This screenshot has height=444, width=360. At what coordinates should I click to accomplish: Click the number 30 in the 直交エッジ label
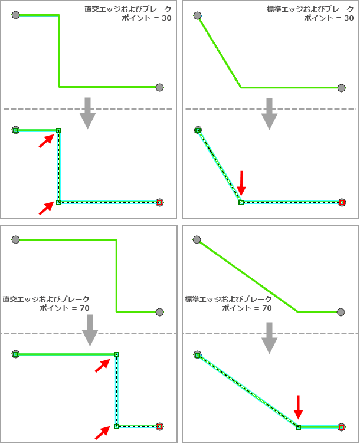tap(166, 18)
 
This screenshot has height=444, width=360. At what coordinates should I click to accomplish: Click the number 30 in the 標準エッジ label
tap(349, 18)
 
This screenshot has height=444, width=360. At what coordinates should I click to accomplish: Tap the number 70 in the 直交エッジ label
tap(84, 308)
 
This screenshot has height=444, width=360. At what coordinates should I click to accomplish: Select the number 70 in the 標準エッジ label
tap(267, 308)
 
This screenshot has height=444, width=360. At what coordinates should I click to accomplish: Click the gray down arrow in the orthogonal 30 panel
tap(87, 113)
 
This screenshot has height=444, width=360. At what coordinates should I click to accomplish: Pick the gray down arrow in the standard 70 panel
tap(269, 338)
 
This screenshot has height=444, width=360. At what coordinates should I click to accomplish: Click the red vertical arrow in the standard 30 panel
tap(241, 183)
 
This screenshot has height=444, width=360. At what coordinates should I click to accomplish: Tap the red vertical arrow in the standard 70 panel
tap(298, 407)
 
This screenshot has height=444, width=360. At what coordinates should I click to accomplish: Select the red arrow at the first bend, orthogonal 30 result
tap(46, 141)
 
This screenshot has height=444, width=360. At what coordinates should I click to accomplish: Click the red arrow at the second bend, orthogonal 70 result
tap(102, 433)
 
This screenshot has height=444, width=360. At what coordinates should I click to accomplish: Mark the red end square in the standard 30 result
tap(342, 202)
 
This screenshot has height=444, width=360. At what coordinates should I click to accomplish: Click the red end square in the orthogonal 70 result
tap(159, 426)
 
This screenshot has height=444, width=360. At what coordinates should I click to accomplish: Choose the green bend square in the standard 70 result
tap(298, 427)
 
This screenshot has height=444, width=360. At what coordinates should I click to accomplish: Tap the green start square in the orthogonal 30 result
tap(16, 130)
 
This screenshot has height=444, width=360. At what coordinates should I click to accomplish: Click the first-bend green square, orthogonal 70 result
tap(116, 354)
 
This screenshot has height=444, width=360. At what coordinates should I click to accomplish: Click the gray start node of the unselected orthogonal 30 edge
tap(15, 15)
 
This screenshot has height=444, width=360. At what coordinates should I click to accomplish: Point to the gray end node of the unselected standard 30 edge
tap(342, 88)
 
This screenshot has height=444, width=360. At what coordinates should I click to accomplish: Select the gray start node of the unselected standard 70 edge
tap(197, 239)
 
